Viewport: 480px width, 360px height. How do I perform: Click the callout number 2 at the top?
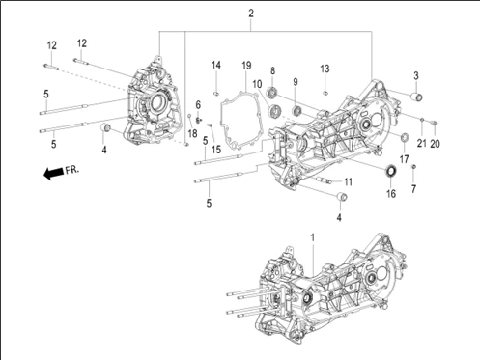point(251,14)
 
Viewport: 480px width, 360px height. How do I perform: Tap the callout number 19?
point(246,66)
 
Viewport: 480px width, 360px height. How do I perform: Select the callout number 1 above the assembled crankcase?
point(312,238)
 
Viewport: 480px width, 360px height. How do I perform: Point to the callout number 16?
point(391,194)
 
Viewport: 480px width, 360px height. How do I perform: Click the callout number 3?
point(416,76)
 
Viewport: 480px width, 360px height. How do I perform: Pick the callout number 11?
point(348,182)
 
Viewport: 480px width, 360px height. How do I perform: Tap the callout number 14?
point(216,66)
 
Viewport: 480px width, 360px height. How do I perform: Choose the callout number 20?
point(435,144)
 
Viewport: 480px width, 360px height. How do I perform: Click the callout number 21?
point(421,144)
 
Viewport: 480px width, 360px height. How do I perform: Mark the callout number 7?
point(413,189)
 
